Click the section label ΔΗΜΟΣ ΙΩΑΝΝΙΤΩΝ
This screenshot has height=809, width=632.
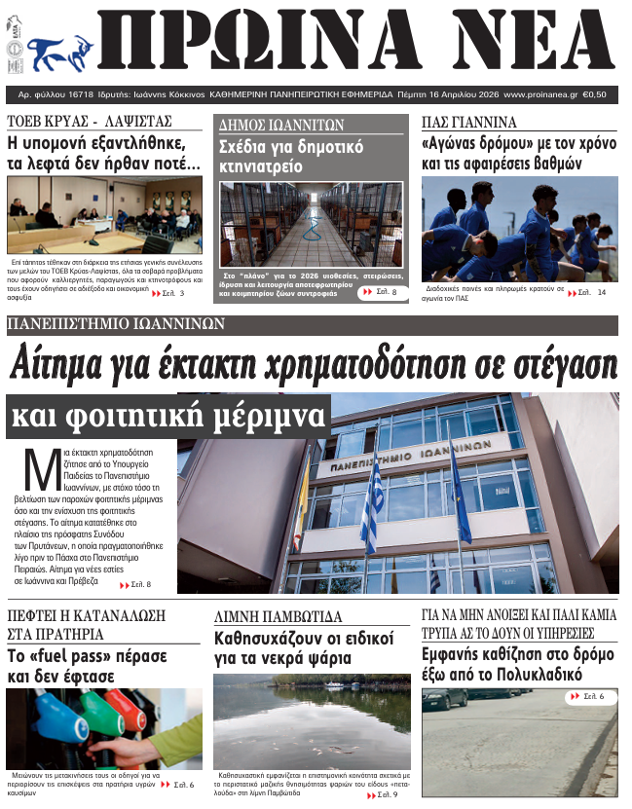pyautogui.click(x=282, y=125)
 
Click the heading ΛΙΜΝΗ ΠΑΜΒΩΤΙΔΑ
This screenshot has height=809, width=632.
pyautogui.click(x=279, y=616)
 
